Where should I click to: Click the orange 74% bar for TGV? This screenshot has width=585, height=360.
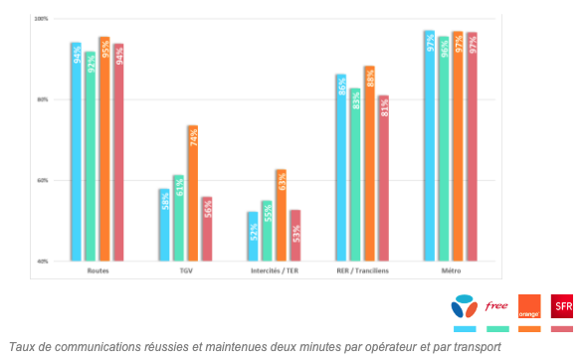(x=193, y=193)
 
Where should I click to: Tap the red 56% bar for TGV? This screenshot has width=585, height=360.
(x=207, y=229)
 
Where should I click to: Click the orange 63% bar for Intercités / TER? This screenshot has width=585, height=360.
(x=282, y=215)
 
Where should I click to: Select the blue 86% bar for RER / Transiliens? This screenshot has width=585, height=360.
(x=341, y=168)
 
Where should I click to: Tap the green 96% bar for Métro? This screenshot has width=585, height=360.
(x=444, y=148)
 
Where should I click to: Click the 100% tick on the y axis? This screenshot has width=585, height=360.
(x=41, y=20)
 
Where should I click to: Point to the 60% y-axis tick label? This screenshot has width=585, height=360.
(x=41, y=181)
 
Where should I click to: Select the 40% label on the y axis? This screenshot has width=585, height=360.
(x=41, y=261)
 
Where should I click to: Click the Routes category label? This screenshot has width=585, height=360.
(x=97, y=270)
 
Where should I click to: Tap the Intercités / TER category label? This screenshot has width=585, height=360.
(x=275, y=270)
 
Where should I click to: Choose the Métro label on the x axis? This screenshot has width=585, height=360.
(x=452, y=270)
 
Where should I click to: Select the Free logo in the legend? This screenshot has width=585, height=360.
(x=496, y=306)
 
